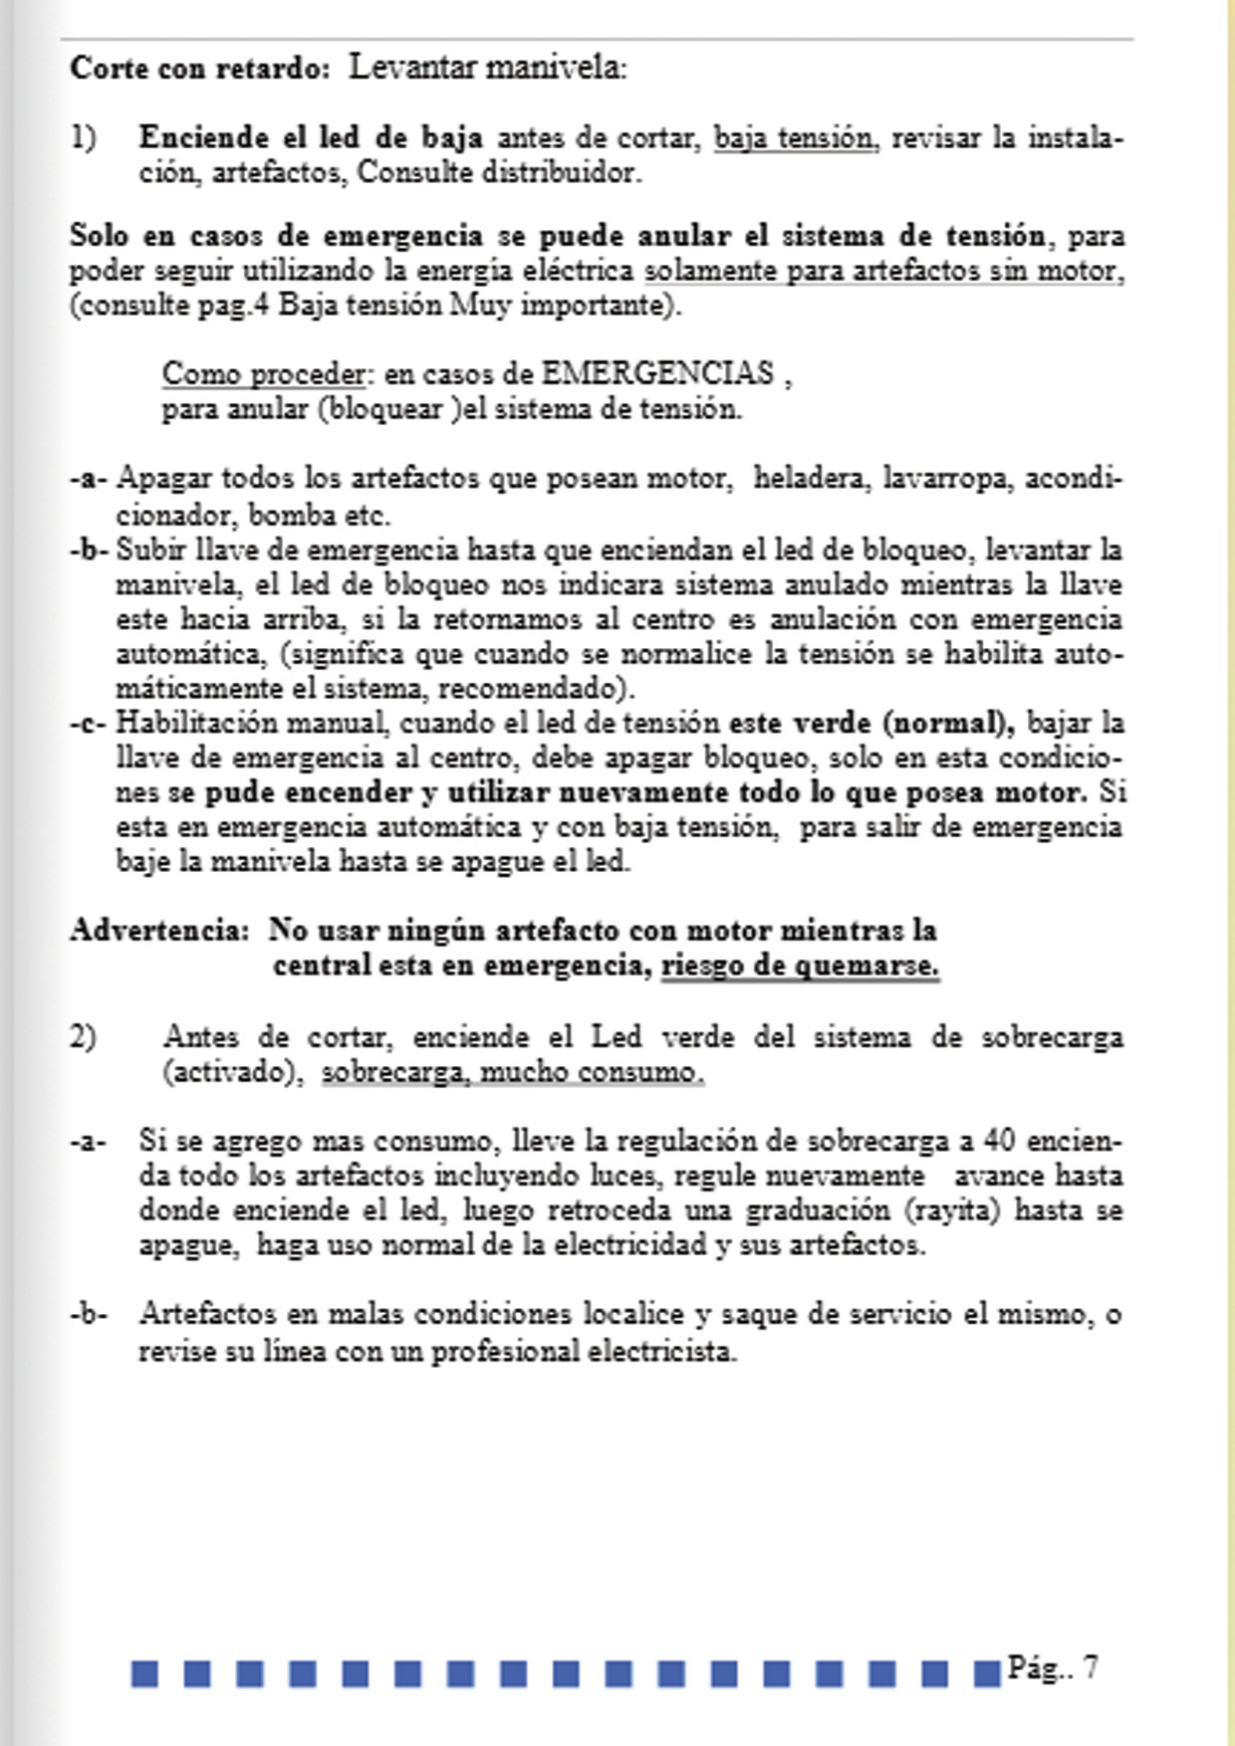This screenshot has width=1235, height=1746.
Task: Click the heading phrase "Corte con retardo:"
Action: click(199, 69)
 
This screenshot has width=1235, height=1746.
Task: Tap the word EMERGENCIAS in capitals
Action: click(656, 373)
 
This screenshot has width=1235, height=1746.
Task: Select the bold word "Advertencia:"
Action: click(158, 930)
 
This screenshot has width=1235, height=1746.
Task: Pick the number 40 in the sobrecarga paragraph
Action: click(999, 1140)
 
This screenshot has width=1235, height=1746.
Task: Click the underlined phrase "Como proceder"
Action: click(264, 373)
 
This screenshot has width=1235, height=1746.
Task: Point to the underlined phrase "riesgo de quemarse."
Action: click(800, 965)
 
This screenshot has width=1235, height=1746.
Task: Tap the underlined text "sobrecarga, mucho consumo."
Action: click(512, 1072)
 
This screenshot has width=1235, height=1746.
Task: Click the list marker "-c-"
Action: click(88, 723)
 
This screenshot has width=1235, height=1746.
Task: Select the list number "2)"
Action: click(83, 1037)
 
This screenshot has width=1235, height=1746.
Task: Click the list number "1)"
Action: click(83, 137)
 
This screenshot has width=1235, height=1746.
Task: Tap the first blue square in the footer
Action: click(144, 1673)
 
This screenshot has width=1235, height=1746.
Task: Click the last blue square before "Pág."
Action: click(986, 1673)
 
